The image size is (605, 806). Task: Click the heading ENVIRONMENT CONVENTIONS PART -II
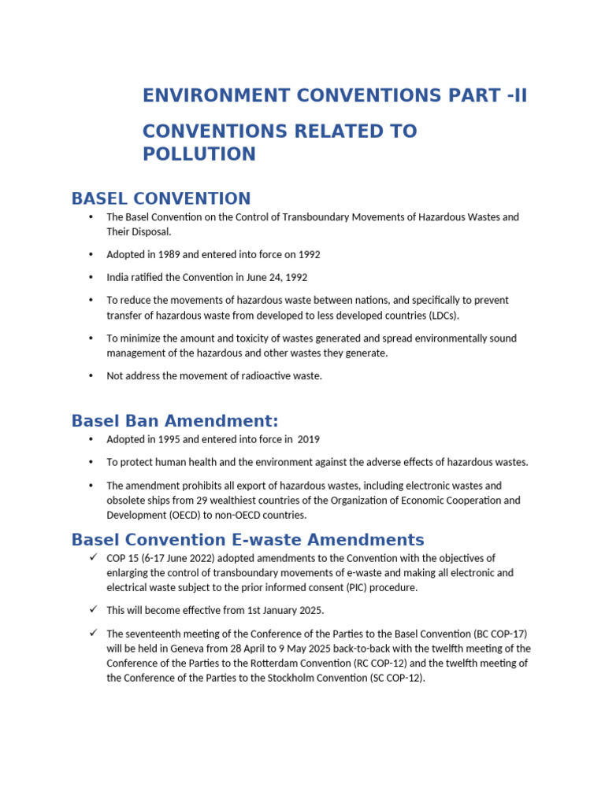(334, 96)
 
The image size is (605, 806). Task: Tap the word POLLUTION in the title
(199, 154)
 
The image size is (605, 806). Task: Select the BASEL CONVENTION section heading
(161, 198)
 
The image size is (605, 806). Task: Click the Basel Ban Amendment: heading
(174, 420)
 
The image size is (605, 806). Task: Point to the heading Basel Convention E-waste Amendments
(247, 540)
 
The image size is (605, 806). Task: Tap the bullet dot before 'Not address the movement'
(91, 376)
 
